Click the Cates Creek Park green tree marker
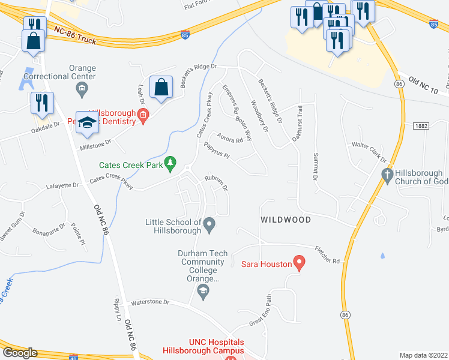(x=170, y=162)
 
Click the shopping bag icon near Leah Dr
(x=161, y=88)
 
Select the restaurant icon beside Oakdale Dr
(x=42, y=102)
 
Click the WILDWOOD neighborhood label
(x=286, y=220)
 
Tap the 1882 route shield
(x=421, y=125)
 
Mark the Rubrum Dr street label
(x=217, y=182)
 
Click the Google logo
(x=20, y=352)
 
